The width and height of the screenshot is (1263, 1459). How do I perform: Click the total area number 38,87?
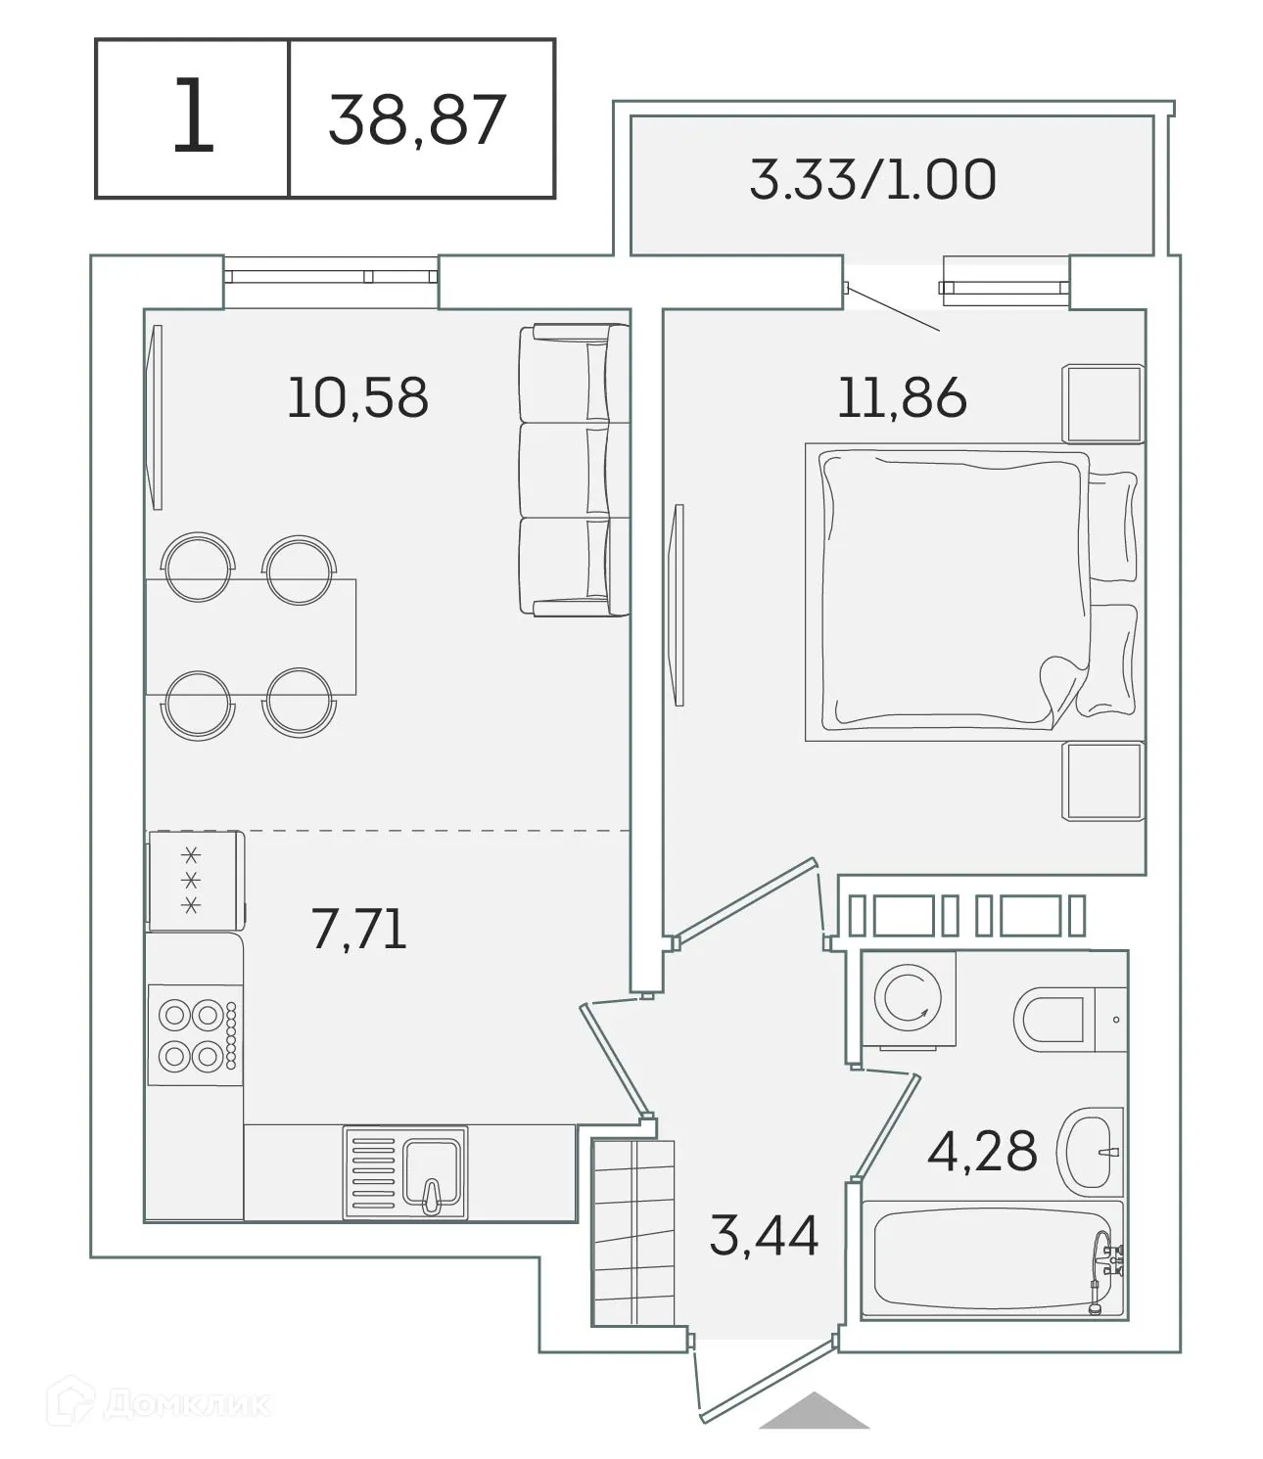click(417, 119)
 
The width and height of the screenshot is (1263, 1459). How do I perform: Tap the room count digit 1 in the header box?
click(193, 118)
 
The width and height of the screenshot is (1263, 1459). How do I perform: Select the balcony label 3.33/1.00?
click(872, 180)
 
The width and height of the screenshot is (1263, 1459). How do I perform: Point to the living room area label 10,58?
click(357, 398)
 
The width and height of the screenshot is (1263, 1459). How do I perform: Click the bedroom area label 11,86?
click(902, 398)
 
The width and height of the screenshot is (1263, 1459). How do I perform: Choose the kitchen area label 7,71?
click(358, 930)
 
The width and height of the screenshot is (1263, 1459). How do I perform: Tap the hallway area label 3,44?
click(764, 1235)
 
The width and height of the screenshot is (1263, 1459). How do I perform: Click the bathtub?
click(991, 1261)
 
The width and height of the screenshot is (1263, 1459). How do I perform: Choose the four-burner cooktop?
click(195, 1035)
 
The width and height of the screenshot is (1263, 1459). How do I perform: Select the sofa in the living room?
click(574, 471)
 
